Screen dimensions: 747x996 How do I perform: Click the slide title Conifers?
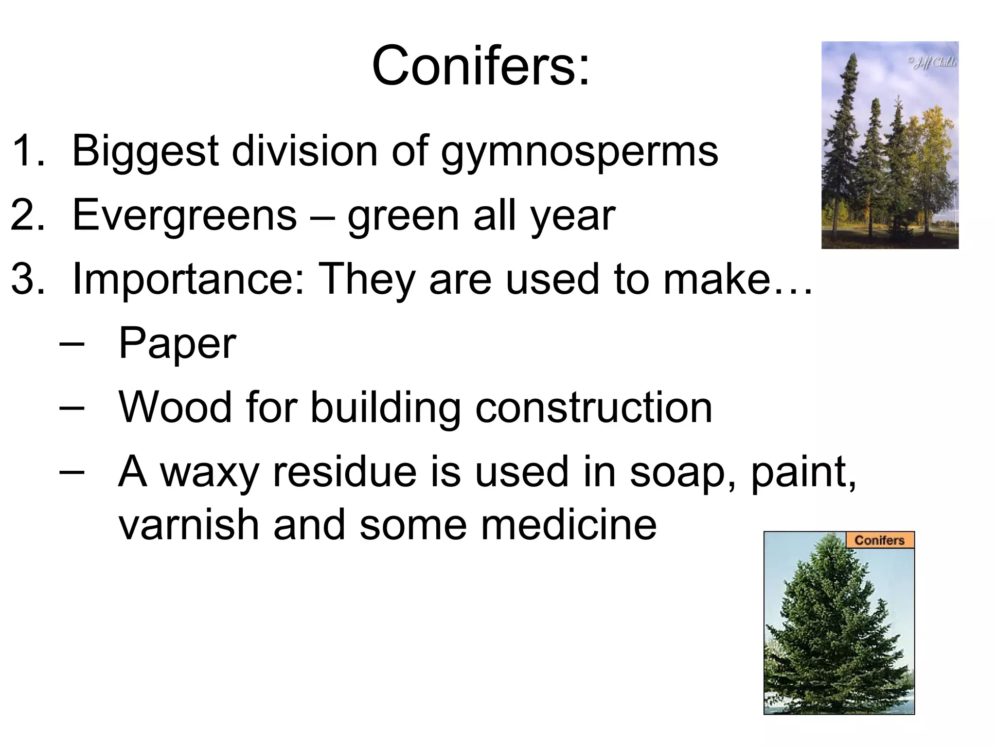click(x=480, y=66)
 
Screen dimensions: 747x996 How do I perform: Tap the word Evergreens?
click(x=184, y=215)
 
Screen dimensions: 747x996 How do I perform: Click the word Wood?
click(x=175, y=408)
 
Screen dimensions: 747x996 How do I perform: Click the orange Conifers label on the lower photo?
click(x=879, y=540)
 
